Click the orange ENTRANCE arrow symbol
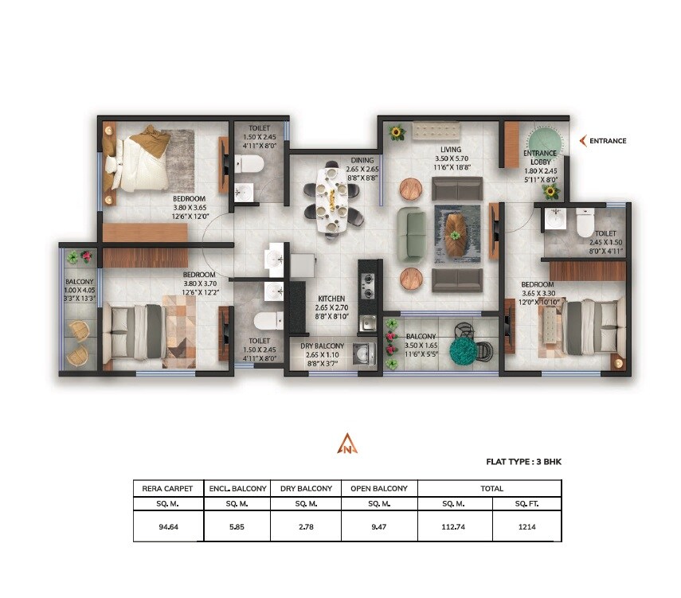click(583, 141)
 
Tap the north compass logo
click(348, 444)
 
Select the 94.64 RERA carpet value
click(168, 525)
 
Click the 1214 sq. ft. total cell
click(526, 525)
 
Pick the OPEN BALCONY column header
click(379, 488)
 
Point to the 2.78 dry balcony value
click(306, 525)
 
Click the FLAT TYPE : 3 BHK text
click(524, 461)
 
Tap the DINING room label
click(362, 160)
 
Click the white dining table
click(331, 199)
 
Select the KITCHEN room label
click(331, 299)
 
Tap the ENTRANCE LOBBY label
click(539, 158)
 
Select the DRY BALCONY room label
click(323, 346)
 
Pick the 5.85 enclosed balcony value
click(237, 525)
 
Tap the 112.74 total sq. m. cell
click(455, 525)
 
